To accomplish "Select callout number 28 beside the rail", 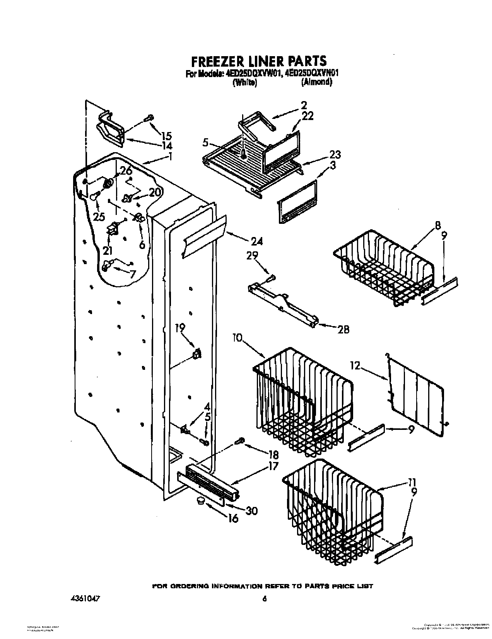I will click(343, 330).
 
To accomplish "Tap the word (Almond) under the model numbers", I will click(317, 82).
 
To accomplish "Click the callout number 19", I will click(180, 328).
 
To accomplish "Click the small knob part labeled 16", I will click(200, 501).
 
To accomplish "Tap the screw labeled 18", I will click(239, 441).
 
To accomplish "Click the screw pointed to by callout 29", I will click(272, 277).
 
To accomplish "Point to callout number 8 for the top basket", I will click(437, 226).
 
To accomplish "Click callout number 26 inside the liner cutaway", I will click(126, 170).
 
